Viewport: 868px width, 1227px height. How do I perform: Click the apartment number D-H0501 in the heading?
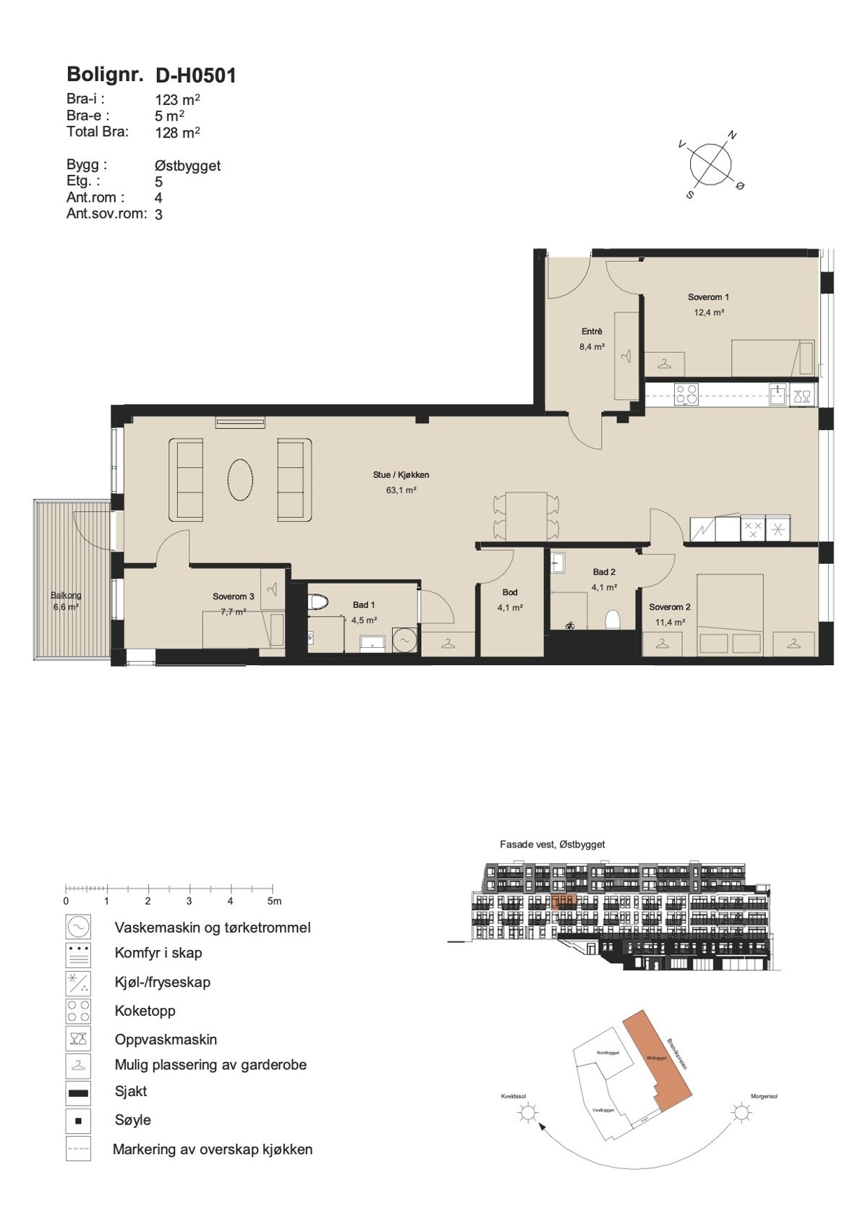(195, 75)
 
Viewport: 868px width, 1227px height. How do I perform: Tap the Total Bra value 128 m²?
(177, 132)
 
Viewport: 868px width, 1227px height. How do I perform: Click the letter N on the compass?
(732, 135)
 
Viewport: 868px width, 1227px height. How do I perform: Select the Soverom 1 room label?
(708, 297)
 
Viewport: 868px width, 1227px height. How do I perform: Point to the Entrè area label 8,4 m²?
(592, 346)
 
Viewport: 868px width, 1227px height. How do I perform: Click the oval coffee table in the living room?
(241, 479)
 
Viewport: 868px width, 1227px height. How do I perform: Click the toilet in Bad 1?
(318, 602)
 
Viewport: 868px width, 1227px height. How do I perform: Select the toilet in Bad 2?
(613, 620)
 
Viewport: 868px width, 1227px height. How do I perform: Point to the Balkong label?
(66, 595)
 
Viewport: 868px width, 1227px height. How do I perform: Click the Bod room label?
(510, 592)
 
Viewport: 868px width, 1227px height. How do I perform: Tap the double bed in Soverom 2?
(731, 615)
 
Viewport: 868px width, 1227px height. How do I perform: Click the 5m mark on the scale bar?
(273, 901)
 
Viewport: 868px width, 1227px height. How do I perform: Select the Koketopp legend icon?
(78, 1011)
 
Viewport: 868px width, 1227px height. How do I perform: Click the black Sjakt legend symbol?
(78, 1093)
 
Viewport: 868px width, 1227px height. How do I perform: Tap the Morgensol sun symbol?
(741, 1113)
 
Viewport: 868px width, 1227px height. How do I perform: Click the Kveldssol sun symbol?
(527, 1113)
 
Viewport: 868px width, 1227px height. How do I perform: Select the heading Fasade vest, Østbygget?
(552, 844)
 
